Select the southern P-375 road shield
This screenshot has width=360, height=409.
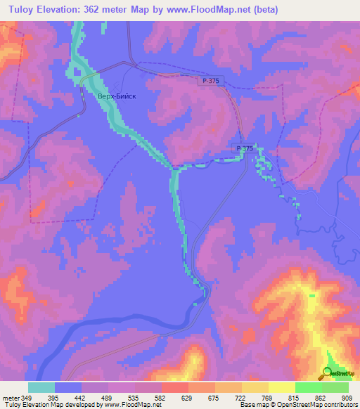[244, 148]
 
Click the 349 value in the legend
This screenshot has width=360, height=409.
[27, 398]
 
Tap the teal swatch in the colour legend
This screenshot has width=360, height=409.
[41, 387]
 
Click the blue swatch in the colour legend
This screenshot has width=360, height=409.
[68, 387]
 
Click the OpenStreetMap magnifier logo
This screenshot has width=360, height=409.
[328, 373]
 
